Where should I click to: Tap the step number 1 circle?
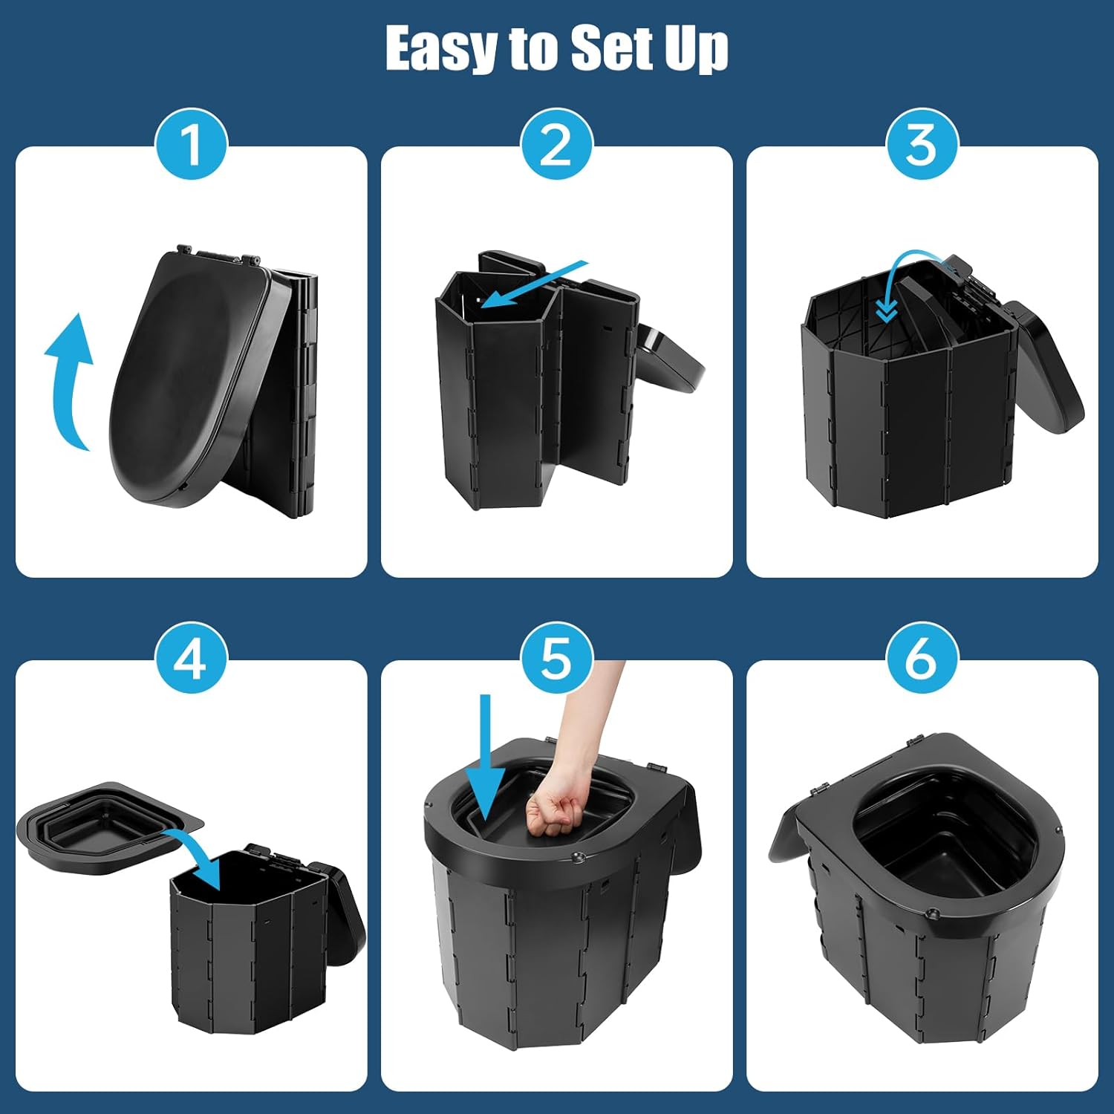pos(191,144)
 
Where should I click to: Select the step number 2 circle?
pos(556,144)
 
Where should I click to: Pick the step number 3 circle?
pos(922,144)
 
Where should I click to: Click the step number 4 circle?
pos(191,658)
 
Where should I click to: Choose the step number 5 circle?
pos(556,658)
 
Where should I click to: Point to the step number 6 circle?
pos(922,658)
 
